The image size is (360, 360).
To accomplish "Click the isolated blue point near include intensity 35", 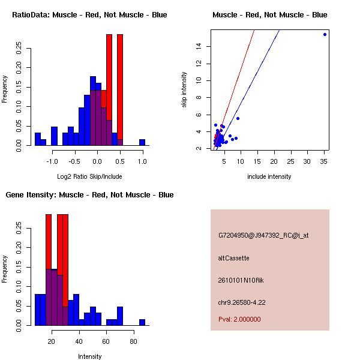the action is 325,34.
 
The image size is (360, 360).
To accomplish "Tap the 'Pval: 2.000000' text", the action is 239,319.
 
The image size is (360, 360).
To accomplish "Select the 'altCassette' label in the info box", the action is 234,258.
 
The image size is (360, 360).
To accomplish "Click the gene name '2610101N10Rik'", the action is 241,280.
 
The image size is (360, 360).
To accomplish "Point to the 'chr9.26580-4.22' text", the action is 242,302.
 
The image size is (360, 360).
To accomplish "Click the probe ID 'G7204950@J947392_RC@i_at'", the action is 263,236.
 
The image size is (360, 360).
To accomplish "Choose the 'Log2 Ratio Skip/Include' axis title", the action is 89,176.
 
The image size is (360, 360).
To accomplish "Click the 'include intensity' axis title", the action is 269,176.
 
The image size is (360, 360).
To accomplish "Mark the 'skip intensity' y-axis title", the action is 184,89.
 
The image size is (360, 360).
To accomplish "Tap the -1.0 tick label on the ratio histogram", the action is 52,161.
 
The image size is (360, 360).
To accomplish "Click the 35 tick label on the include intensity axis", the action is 323,161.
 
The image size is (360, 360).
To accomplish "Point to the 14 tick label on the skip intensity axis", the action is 199,46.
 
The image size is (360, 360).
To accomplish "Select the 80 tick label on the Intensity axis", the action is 133,341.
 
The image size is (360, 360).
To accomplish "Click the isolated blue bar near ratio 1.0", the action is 142,142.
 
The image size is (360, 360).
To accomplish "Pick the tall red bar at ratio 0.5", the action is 120,87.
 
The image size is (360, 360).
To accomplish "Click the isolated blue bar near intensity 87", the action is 142,322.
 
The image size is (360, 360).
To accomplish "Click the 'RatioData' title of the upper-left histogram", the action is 31,15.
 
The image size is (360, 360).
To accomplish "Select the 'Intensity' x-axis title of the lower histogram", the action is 89,356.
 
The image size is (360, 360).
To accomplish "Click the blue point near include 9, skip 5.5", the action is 238,118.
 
